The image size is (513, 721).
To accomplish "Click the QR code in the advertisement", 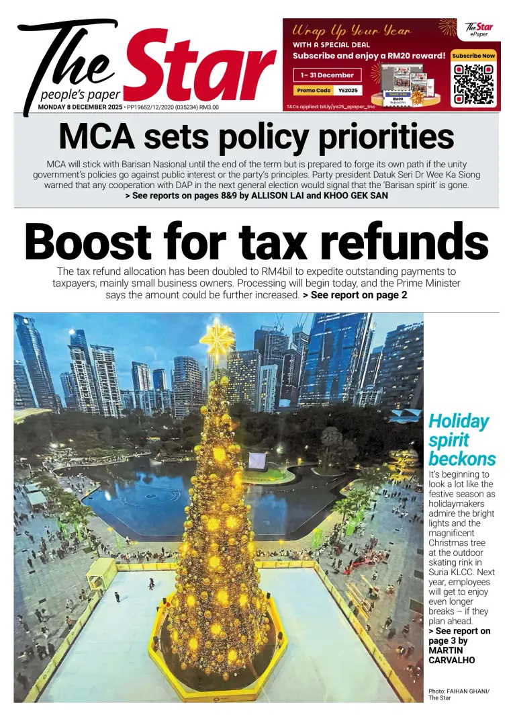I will tap(473, 83).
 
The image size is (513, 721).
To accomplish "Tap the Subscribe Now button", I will tap(473, 56).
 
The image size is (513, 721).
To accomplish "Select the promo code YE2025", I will tap(348, 90).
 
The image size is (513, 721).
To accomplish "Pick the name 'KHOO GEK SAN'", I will tap(355, 196).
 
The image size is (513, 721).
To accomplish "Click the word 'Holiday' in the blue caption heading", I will tap(459, 421).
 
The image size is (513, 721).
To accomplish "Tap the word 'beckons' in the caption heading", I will tap(462, 460).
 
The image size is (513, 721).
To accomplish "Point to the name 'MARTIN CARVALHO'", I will tap(451, 655).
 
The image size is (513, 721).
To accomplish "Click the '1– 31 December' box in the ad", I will tap(327, 75).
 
